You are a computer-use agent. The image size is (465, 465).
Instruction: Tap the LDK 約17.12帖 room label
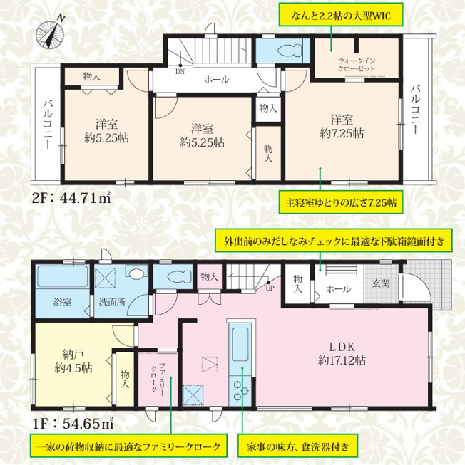pos(342,353)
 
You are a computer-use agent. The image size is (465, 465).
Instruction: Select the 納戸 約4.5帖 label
pos(73,361)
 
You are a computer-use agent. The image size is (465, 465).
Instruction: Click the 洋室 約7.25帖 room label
pos(342,127)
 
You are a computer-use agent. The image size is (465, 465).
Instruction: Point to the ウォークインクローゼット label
pos(357,65)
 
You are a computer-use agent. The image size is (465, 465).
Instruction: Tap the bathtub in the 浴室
pos(62,277)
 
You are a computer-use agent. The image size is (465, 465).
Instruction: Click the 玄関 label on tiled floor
pos(381,283)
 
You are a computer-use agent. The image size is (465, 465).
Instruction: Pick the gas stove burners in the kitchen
pos(240,390)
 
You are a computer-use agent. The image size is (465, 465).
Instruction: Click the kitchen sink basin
pos(240,344)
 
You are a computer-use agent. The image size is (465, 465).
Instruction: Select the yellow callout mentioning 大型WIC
pos(340,15)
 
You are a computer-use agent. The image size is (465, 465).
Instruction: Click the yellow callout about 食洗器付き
pos(297,446)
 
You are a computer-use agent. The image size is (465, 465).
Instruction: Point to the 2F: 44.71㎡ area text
pos(71,197)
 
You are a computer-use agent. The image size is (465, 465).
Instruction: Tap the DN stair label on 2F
pos(180,71)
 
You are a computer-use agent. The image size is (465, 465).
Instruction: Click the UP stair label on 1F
pos(270,288)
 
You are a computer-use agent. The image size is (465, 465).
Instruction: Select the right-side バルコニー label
pos(415,109)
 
